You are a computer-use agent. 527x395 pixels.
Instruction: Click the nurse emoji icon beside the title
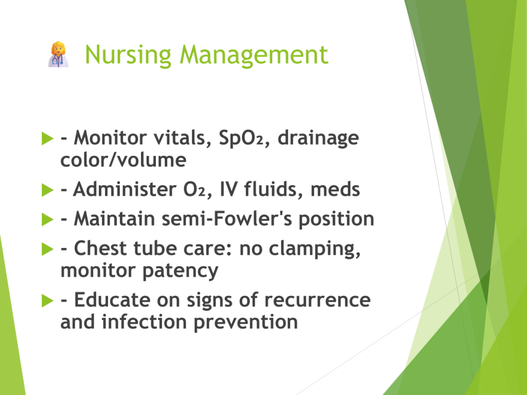click(59, 55)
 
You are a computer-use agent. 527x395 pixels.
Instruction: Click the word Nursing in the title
click(128, 55)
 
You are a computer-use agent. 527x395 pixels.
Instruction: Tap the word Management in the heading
click(254, 55)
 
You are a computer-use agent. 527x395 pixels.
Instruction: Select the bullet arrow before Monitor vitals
click(47, 138)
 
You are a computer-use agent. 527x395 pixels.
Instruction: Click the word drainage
click(318, 138)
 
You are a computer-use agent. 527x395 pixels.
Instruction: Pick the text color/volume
click(124, 160)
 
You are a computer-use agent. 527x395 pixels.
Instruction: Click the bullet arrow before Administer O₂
click(47, 190)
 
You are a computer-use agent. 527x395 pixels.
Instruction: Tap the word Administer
click(125, 189)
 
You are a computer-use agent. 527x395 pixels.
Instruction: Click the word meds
click(335, 189)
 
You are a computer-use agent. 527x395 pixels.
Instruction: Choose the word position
click(337, 219)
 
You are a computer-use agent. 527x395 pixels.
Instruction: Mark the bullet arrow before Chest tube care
click(47, 249)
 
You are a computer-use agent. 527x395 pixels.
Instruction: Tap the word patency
click(181, 271)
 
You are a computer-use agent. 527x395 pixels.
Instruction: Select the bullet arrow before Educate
click(47, 300)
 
